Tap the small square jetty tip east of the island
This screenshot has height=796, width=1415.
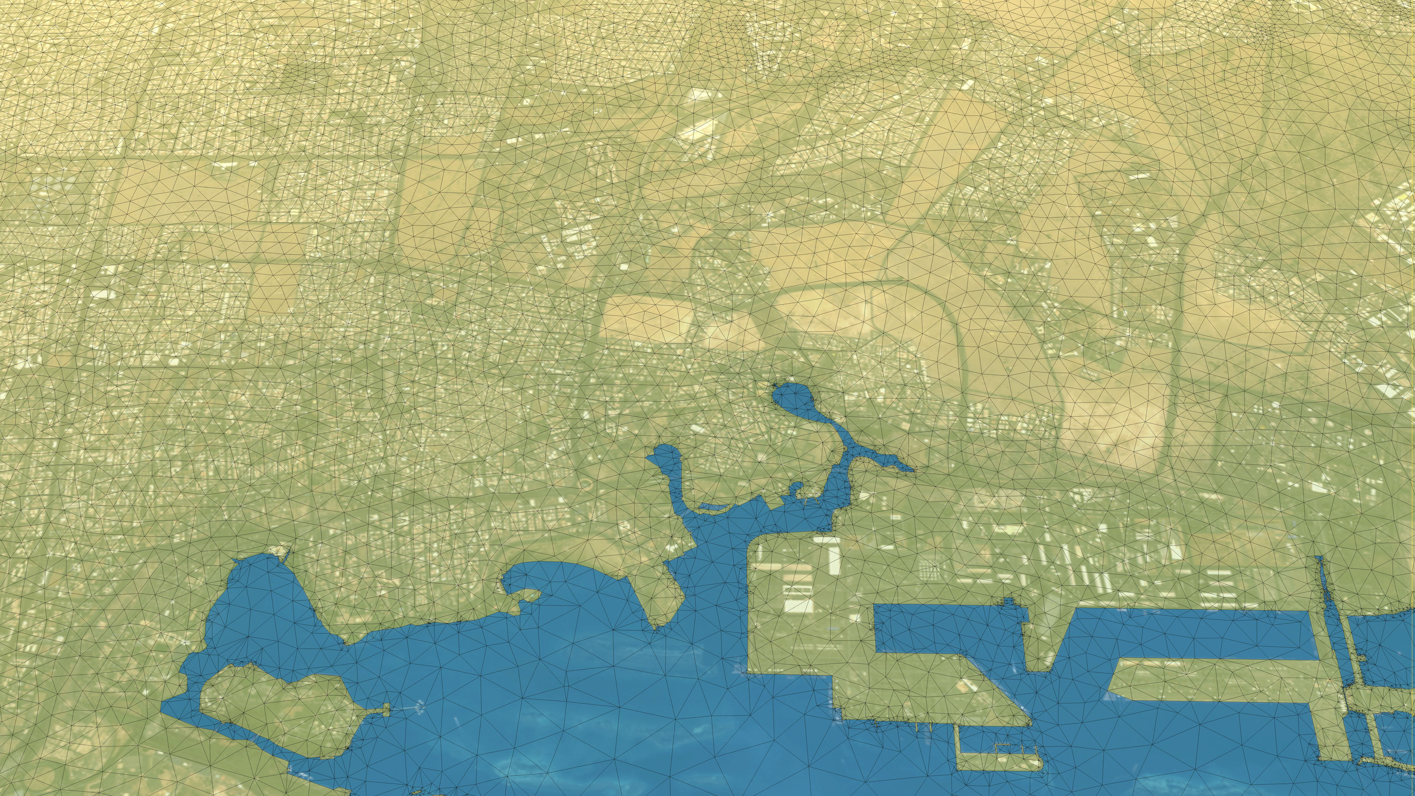coord(386,710)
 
